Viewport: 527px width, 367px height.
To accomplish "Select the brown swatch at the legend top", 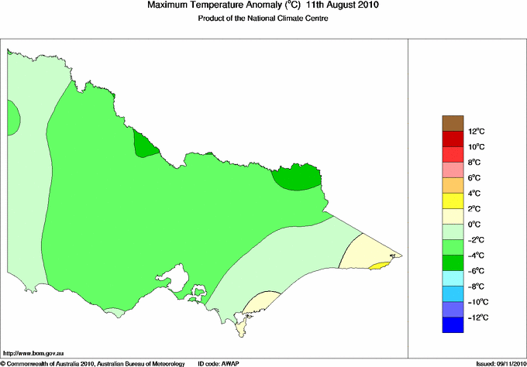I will click(x=453, y=122).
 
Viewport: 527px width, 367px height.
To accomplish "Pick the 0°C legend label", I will click(x=454, y=225).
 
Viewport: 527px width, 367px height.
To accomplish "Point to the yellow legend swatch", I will click(x=453, y=201).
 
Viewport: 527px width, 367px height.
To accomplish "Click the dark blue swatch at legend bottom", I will click(x=453, y=325).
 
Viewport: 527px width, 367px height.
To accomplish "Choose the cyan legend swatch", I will click(x=453, y=279).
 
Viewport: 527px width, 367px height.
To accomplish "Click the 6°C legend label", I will click(x=454, y=178).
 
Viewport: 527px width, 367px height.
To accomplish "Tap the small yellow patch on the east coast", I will click(x=378, y=266).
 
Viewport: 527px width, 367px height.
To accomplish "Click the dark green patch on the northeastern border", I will click(x=298, y=178).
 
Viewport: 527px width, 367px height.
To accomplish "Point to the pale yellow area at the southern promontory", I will click(x=260, y=301).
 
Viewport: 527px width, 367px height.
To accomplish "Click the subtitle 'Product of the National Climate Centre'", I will click(x=263, y=19).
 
